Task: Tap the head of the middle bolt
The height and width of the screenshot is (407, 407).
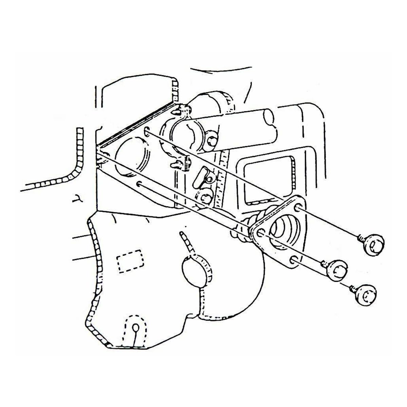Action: (x=338, y=270)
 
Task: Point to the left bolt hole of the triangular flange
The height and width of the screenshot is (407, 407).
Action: (x=260, y=234)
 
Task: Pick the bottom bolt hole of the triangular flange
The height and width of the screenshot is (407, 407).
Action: (x=294, y=261)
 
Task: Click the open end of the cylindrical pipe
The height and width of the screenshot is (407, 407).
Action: (x=268, y=117)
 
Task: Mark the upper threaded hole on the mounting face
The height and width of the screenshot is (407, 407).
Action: (x=147, y=132)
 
